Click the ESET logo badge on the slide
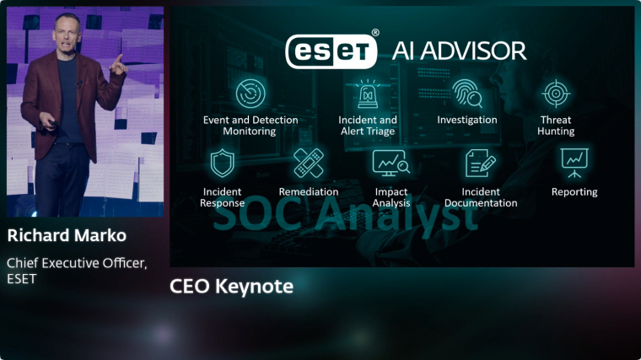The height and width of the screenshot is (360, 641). pos(331,51)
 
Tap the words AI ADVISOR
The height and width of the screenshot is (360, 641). pos(459,51)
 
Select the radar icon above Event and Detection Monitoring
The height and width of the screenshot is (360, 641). pos(250,94)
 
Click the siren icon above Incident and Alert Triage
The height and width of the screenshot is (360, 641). pos(368,94)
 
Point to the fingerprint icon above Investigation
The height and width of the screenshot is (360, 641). pos(467,94)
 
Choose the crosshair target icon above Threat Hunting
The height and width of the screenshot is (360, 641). pos(556,94)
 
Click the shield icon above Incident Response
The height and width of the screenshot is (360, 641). pos(223,163)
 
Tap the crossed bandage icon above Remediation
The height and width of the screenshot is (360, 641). pos(309,163)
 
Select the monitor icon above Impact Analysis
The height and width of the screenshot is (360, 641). pos(391,163)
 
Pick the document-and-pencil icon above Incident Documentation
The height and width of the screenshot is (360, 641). pos(481,163)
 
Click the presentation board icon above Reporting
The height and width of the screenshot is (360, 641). pos(574,163)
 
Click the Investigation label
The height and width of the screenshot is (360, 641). pos(467,120)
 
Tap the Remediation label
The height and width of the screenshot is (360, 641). pos(309,191)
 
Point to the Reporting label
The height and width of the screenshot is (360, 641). pos(574,192)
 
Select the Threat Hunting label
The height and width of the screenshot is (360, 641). pos(556,126)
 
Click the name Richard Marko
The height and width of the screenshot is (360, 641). pos(67,235)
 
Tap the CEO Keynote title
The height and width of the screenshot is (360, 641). pos(231,286)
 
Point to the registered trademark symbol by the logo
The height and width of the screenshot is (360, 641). pos(374,33)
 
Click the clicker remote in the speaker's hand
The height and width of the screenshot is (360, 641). pos(53,123)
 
